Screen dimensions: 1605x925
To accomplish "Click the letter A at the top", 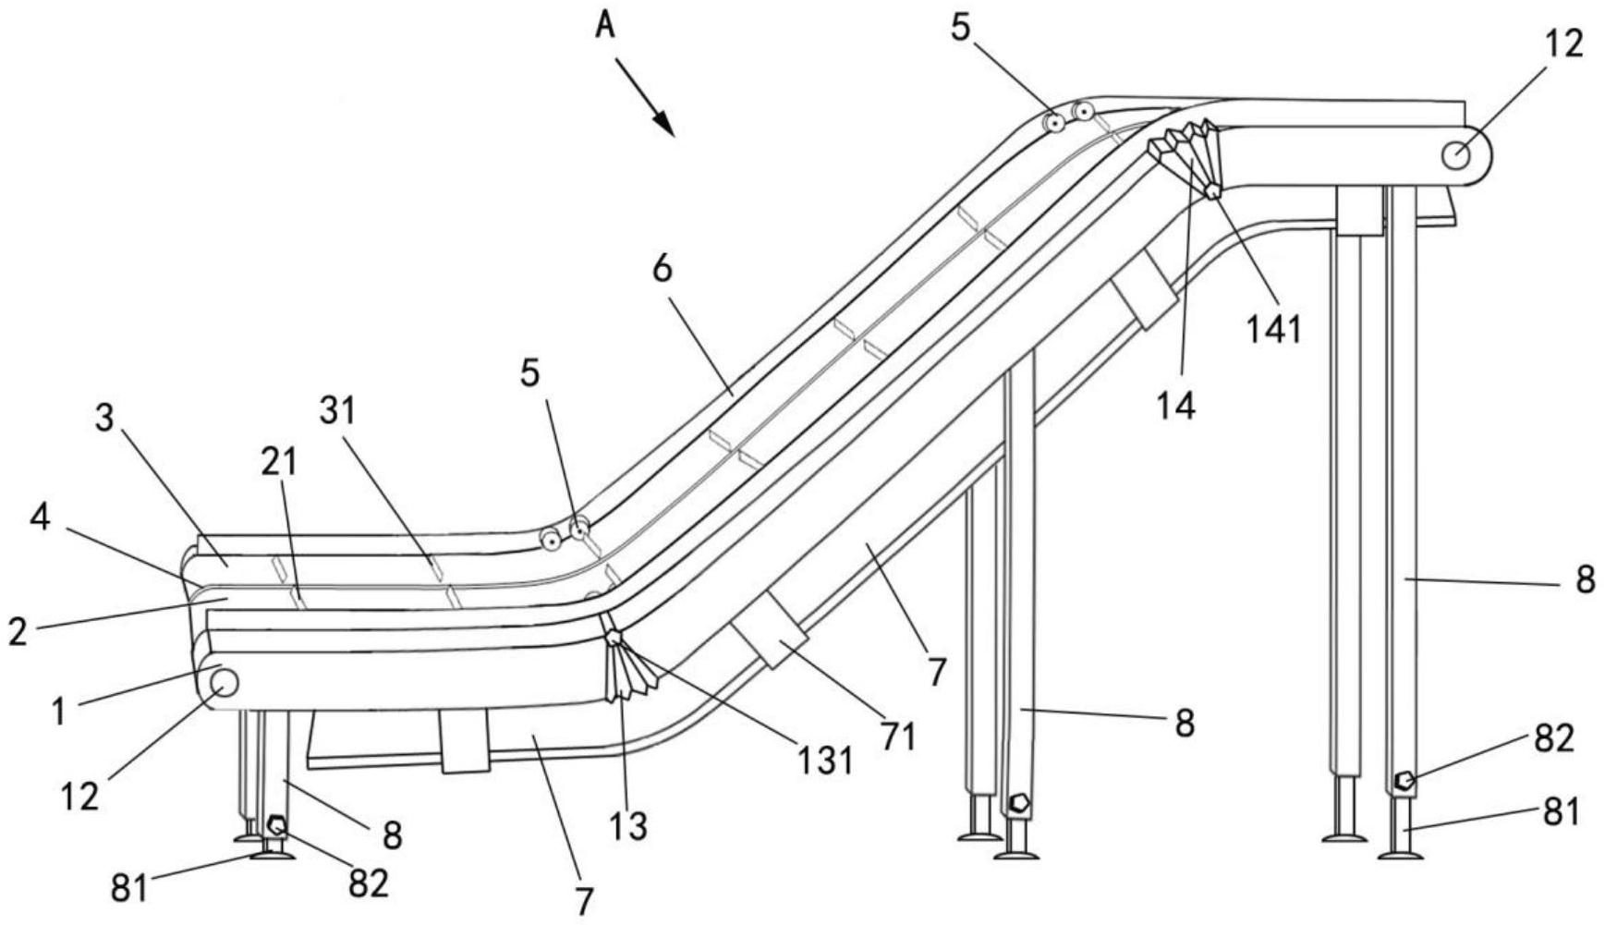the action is pyautogui.click(x=604, y=25).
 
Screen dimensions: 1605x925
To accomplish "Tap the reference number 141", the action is pyautogui.click(x=1274, y=329).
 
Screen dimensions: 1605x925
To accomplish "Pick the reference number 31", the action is pyautogui.click(x=337, y=410).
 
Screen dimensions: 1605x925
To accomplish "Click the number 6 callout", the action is pyautogui.click(x=663, y=269).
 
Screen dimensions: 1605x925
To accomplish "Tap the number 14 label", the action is pyautogui.click(x=1176, y=405).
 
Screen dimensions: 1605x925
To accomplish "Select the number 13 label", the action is pyautogui.click(x=629, y=826).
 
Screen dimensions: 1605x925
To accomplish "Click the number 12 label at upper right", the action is pyautogui.click(x=1563, y=43).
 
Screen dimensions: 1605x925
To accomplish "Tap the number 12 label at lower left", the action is pyautogui.click(x=80, y=796).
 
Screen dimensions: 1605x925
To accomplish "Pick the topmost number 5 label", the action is pyautogui.click(x=961, y=29).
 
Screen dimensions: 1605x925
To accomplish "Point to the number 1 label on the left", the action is pyautogui.click(x=58, y=712).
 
